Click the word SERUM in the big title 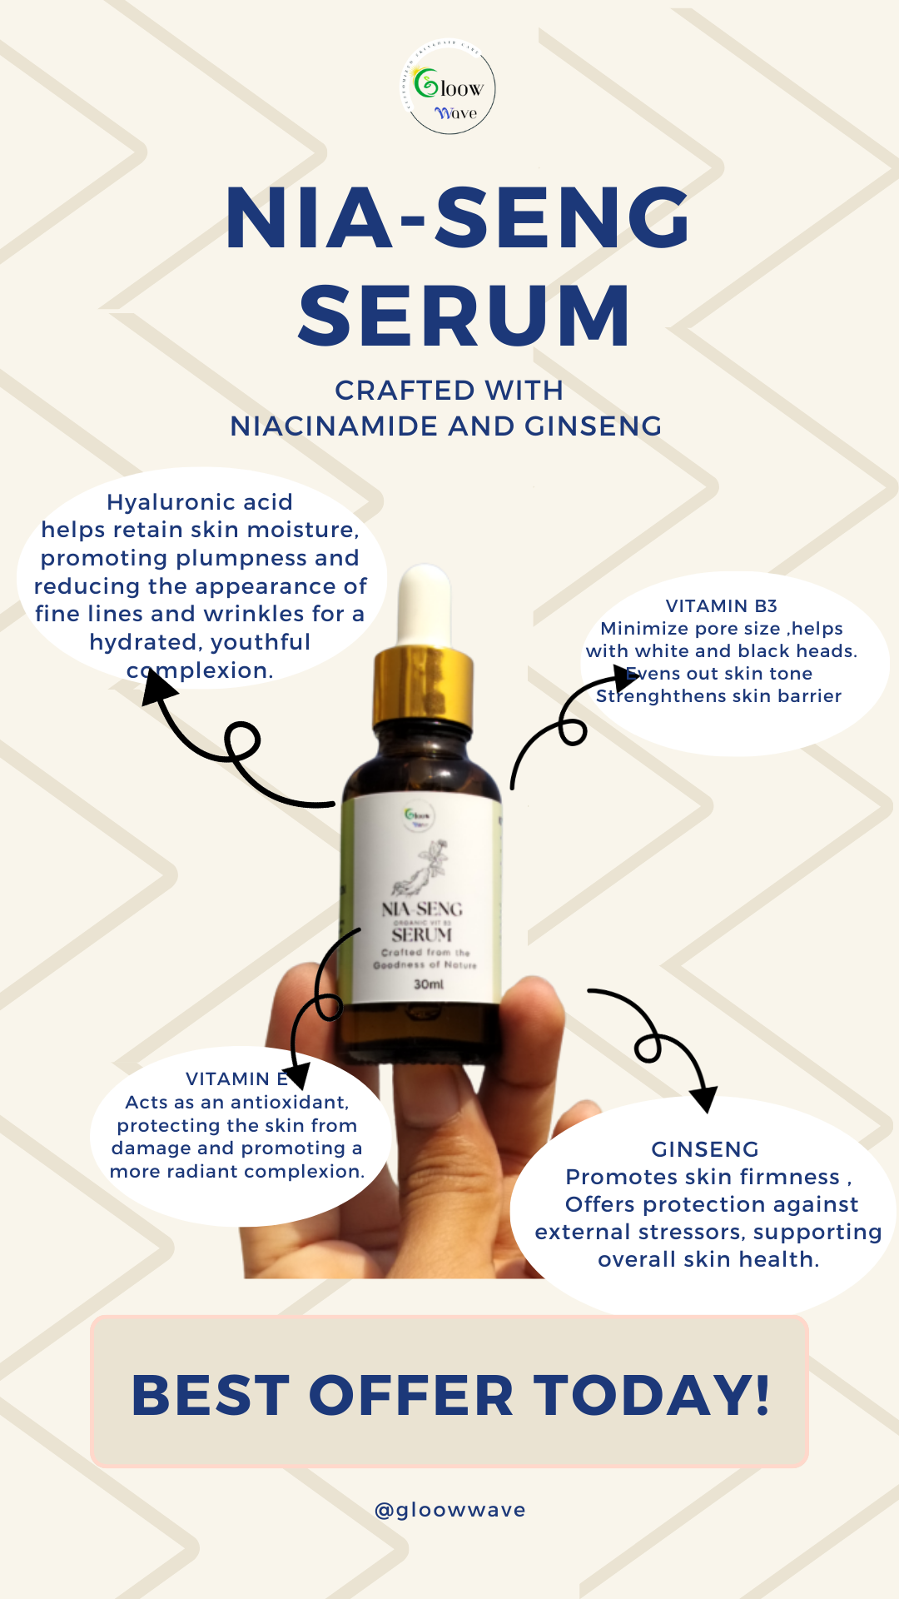point(464,316)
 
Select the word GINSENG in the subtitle point(593,426)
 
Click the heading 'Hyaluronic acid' point(200,502)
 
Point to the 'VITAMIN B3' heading point(721,606)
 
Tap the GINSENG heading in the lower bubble point(705,1149)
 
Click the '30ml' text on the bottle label point(429,984)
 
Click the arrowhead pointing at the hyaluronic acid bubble point(158,688)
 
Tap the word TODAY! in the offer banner point(652,1396)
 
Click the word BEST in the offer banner point(210,1396)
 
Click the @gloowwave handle point(449,1510)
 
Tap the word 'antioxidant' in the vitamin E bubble point(286,1103)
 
